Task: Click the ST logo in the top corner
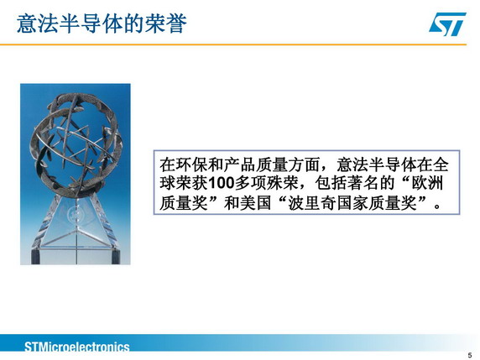pos(447,23)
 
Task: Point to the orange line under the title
pos(233,44)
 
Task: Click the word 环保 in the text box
pos(191,164)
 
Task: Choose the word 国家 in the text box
pos(352,202)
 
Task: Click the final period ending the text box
pos(437,206)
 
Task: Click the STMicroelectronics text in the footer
pos(77,347)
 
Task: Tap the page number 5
pos(470,355)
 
